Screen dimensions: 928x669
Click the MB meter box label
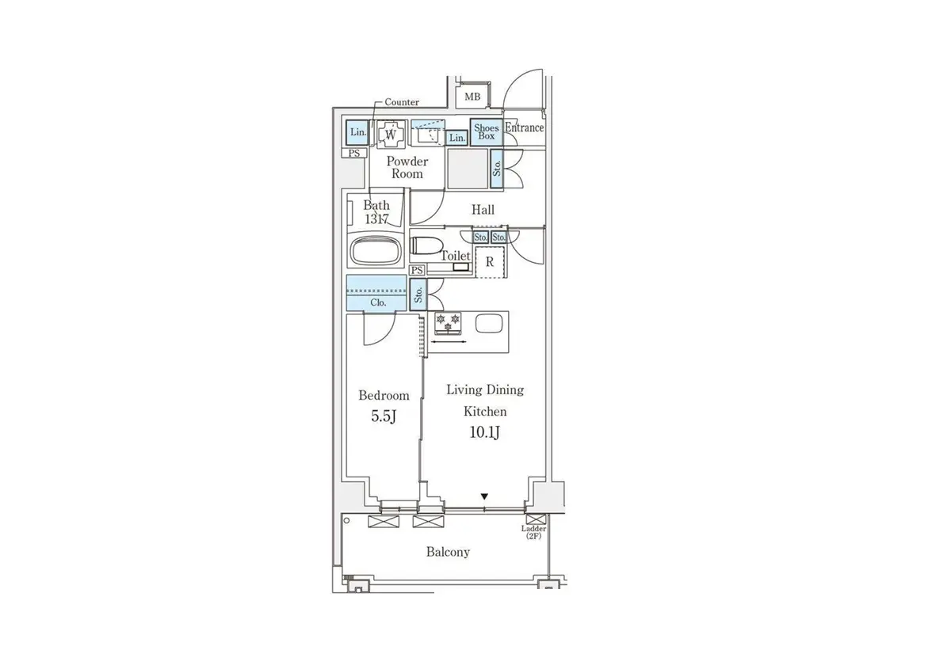click(472, 97)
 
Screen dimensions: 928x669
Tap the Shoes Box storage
click(487, 132)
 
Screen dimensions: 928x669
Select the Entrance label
click(525, 127)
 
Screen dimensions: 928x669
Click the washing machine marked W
click(391, 135)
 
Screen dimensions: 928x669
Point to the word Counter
click(402, 102)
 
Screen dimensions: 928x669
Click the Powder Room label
click(407, 167)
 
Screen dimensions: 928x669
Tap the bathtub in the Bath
click(376, 252)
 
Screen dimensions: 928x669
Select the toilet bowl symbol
click(426, 246)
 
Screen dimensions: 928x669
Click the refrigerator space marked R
click(491, 261)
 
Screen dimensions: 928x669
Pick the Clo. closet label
click(378, 303)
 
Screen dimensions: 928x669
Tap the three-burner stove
click(448, 324)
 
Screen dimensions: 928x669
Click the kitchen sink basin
click(489, 324)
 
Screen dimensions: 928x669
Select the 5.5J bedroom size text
click(384, 416)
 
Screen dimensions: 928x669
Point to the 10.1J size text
click(485, 432)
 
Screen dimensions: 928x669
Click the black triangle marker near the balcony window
click(485, 497)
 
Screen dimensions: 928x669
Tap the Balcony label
click(448, 552)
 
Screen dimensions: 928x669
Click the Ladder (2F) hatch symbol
click(536, 519)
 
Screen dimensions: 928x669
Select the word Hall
click(483, 209)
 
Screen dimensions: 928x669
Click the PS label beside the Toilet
click(418, 270)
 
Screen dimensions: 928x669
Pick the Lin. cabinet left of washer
click(357, 132)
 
